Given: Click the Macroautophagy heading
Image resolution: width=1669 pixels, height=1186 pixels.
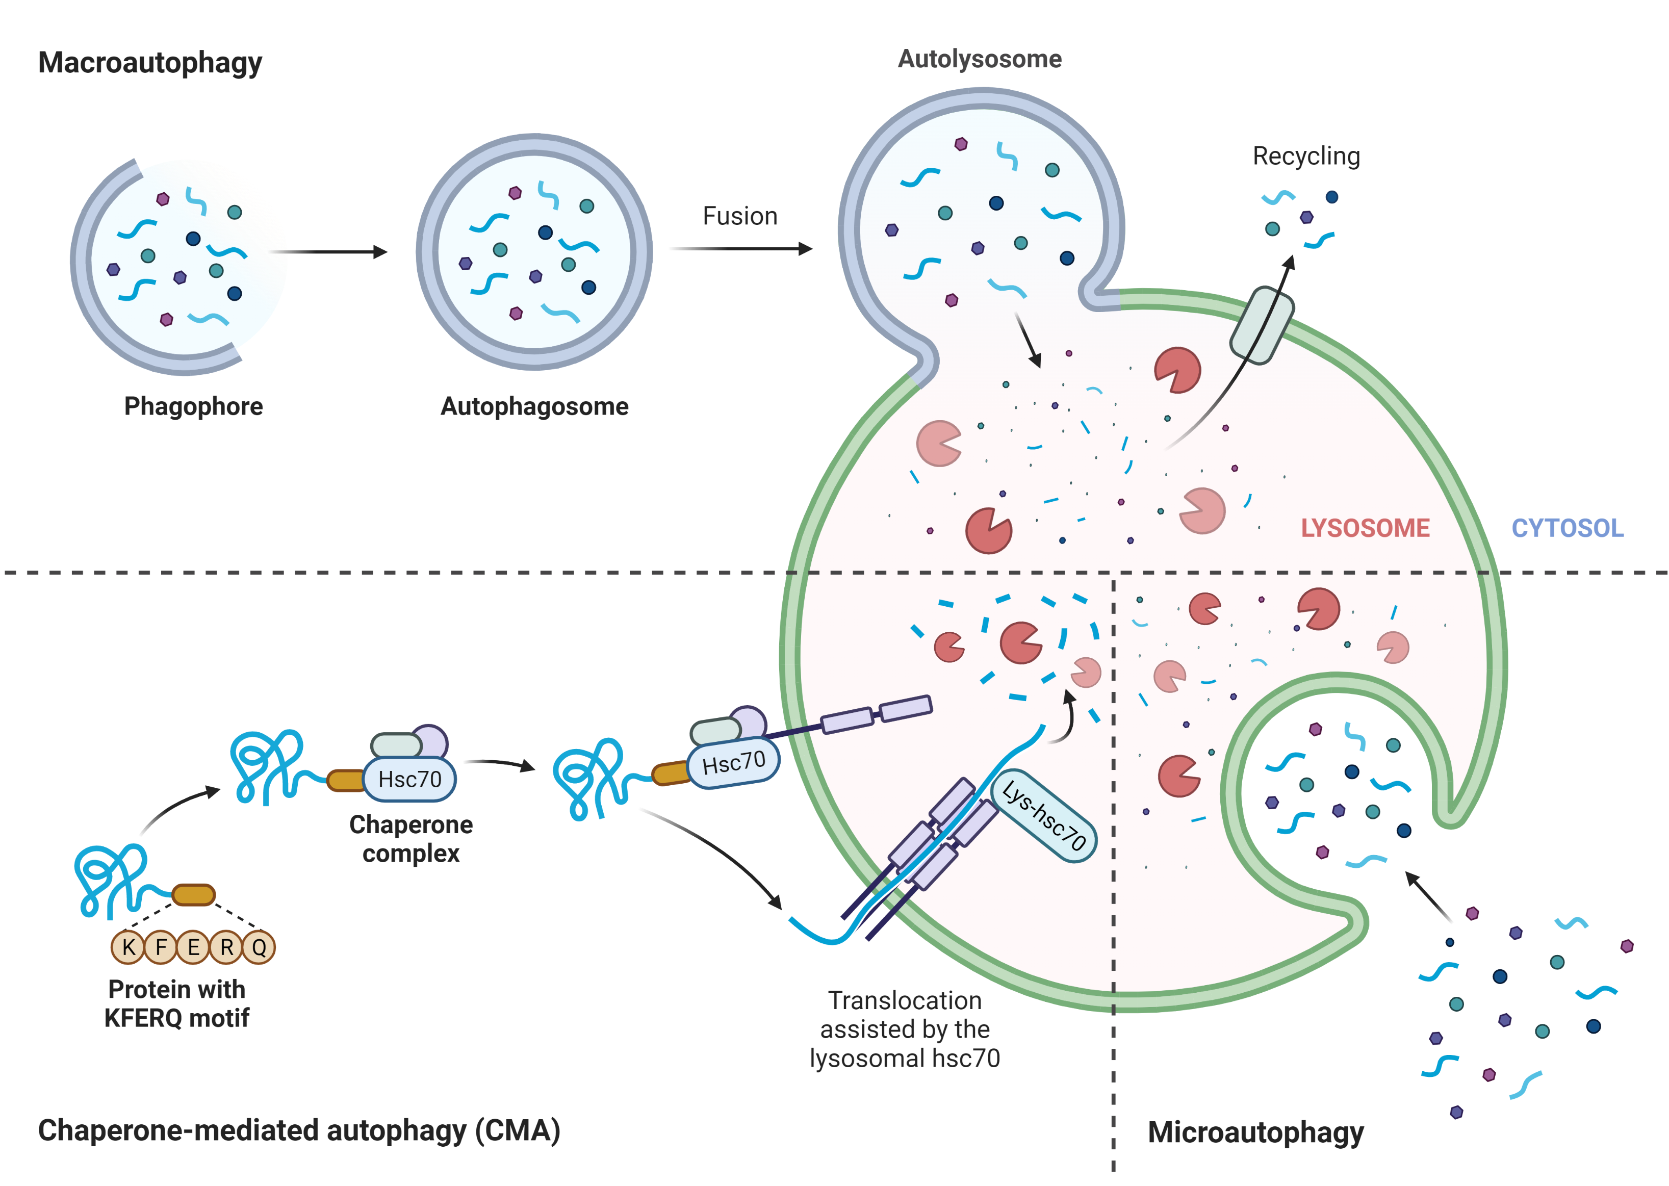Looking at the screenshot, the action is [150, 63].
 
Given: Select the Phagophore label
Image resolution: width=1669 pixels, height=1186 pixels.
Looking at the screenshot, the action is [194, 406].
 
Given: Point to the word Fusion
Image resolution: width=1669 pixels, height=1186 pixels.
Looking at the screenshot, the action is [740, 216].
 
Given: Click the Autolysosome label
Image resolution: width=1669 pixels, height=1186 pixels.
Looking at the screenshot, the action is [980, 59].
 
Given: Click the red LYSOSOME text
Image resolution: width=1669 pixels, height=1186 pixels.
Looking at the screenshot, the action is [1365, 528].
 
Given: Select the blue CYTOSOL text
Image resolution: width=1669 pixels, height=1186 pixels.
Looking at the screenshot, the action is [1568, 528].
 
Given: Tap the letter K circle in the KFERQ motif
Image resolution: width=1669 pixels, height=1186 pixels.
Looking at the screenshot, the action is [129, 947].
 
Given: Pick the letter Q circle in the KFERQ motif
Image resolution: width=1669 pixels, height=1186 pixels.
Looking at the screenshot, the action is [259, 947].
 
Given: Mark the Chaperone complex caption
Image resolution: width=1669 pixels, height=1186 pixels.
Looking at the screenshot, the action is [411, 838].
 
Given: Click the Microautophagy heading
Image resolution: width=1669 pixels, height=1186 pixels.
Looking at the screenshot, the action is [1255, 1132].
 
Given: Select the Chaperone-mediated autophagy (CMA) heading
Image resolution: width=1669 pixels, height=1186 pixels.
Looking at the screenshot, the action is [299, 1130].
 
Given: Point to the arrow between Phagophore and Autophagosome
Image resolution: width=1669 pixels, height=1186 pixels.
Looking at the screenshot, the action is [329, 252].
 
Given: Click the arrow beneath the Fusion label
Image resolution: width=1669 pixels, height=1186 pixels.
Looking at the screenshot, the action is [741, 249].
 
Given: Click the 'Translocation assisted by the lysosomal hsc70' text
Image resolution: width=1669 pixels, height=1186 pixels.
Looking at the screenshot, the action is [905, 1029].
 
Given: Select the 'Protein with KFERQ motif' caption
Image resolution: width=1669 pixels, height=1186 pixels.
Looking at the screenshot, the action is [177, 1003].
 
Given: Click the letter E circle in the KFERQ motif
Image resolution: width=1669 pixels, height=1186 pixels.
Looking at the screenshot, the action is [194, 947].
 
